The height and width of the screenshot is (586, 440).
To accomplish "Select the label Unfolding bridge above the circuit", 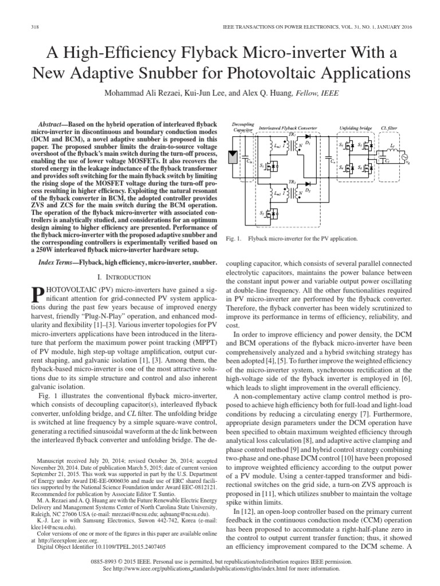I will click(355, 129).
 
